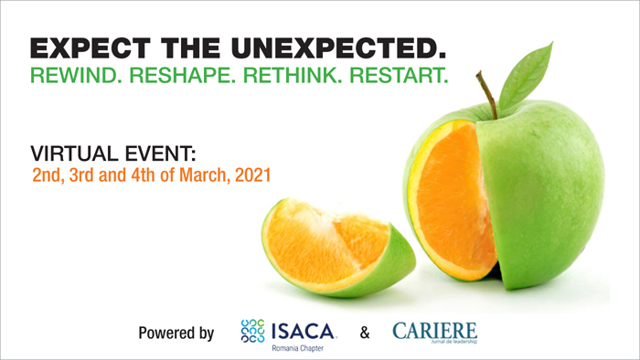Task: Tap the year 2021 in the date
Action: click(250, 172)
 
